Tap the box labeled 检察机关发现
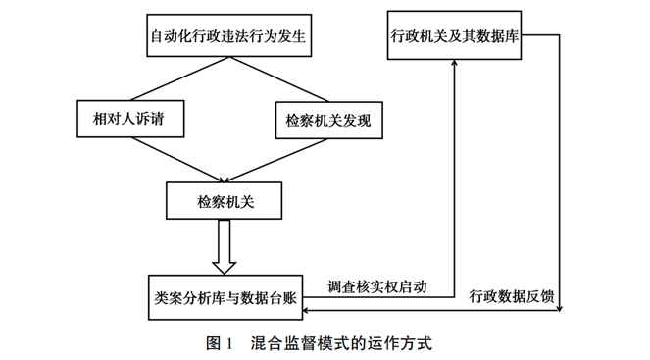pos(326,121)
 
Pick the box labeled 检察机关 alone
pos(226,203)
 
